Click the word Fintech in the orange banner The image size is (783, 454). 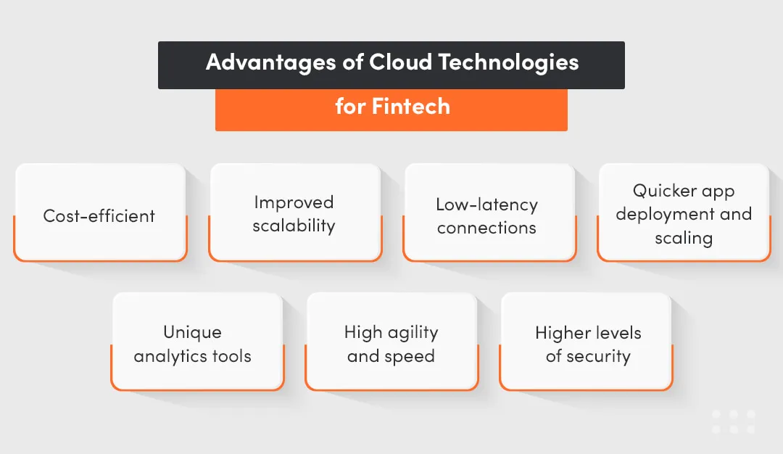tap(411, 107)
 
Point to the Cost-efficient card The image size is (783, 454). tap(99, 215)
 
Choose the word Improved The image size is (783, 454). tap(294, 202)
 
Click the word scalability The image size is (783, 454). tap(294, 226)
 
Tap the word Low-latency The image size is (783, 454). tap(486, 205)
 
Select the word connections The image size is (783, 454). tap(486, 228)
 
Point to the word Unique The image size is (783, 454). tap(192, 332)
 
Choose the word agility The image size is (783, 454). tap(412, 333)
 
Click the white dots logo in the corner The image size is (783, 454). tap(733, 422)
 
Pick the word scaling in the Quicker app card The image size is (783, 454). tap(684, 238)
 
